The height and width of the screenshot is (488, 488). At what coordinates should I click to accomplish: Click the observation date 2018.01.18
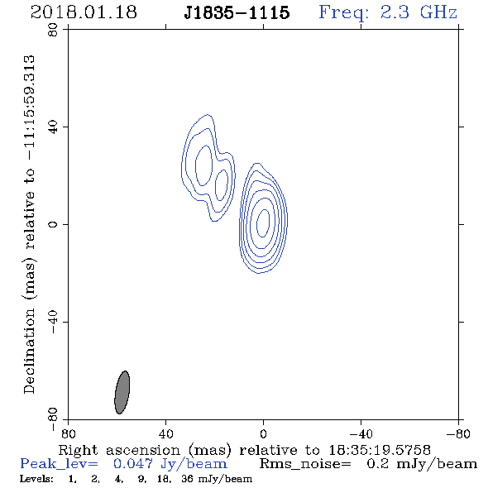tap(84, 12)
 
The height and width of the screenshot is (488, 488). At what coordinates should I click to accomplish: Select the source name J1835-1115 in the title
tap(237, 13)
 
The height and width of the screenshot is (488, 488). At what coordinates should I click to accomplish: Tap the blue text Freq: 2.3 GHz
tap(388, 12)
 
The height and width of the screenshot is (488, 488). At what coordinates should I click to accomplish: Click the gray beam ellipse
tap(122, 392)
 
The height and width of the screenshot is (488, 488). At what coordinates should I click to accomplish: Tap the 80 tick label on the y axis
tap(53, 30)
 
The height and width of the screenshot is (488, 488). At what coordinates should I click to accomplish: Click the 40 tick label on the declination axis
tap(53, 127)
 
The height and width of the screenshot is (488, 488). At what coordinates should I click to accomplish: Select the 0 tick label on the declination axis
tap(53, 224)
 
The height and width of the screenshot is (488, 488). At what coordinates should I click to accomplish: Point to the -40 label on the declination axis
tap(53, 322)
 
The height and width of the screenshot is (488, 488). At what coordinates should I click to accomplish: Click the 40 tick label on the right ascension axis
tap(165, 434)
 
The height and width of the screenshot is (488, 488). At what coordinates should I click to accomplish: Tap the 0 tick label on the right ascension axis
tap(263, 434)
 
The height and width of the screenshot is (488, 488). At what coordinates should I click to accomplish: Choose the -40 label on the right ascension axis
tap(361, 434)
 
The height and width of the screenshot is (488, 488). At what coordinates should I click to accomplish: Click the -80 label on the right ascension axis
tap(458, 434)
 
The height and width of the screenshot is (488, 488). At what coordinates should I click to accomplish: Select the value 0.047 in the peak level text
tap(133, 464)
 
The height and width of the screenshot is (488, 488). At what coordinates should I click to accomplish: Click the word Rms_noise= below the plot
tap(305, 464)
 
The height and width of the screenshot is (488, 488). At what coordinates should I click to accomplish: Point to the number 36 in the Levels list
tap(187, 479)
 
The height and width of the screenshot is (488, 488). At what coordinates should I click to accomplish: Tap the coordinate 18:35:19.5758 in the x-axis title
tap(380, 450)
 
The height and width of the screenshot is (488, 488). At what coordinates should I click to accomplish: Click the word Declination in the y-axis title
tap(29, 352)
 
